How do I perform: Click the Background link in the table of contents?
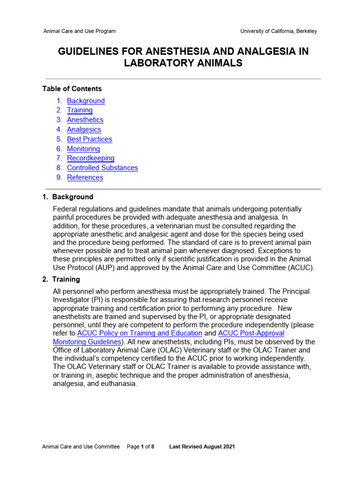[x=86, y=101]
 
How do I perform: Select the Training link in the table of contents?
[x=80, y=110]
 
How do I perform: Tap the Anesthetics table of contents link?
[x=85, y=120]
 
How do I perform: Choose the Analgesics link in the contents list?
[x=84, y=129]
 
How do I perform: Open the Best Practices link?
[x=90, y=139]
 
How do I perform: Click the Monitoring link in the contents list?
[x=83, y=149]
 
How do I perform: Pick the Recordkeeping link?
[x=90, y=158]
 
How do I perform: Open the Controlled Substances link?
[x=102, y=168]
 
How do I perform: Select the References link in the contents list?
[x=85, y=178]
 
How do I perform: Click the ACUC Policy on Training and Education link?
[x=140, y=333]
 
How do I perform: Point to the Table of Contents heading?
[x=72, y=89]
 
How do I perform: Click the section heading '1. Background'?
[x=68, y=197]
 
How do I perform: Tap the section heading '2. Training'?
[x=61, y=279]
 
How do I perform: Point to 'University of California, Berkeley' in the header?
[x=278, y=31]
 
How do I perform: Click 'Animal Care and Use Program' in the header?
[x=79, y=31]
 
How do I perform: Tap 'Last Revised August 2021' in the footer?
[x=202, y=447]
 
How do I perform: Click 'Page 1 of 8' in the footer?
[x=141, y=447]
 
